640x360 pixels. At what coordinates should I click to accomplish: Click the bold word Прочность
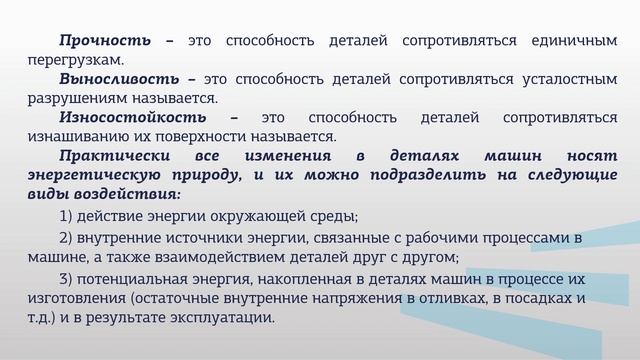pyautogui.click(x=105, y=41)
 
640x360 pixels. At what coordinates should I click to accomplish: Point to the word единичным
pyautogui.click(x=575, y=41)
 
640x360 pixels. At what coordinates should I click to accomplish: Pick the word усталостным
pyautogui.click(x=567, y=78)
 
